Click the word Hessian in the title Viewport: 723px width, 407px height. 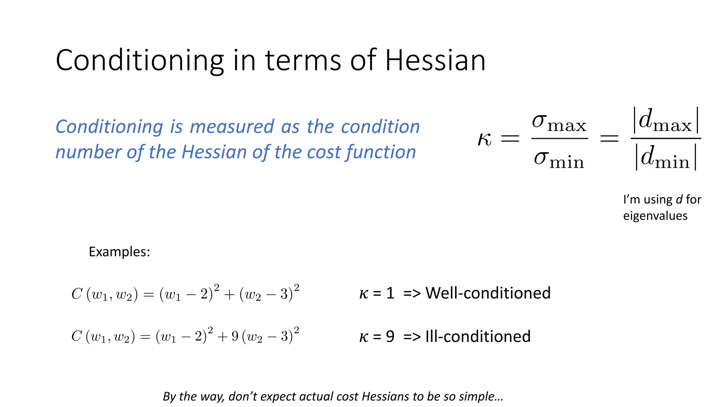coord(435,60)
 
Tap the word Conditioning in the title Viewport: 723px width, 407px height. coord(140,60)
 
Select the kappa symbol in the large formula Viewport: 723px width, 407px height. coord(484,138)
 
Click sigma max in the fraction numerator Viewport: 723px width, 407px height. coord(559,122)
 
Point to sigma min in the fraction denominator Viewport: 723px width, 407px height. coord(559,159)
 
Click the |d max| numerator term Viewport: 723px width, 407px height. coord(665,120)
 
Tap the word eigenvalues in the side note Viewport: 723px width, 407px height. coord(655,216)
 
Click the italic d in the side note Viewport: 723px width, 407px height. coord(679,200)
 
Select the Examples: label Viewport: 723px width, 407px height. coord(119,252)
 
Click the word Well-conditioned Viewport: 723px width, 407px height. coord(488,293)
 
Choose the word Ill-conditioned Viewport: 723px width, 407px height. coord(478,336)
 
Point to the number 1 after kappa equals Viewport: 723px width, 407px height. coord(390,293)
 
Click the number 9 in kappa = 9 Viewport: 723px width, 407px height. coord(390,337)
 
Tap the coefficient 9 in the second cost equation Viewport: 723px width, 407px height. coord(235,336)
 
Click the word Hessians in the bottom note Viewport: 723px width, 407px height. coord(386,396)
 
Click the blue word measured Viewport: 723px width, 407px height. coord(232,126)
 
